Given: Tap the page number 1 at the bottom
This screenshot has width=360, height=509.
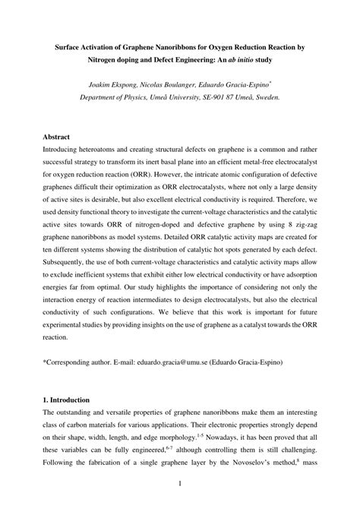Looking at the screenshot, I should tap(179, 483).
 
